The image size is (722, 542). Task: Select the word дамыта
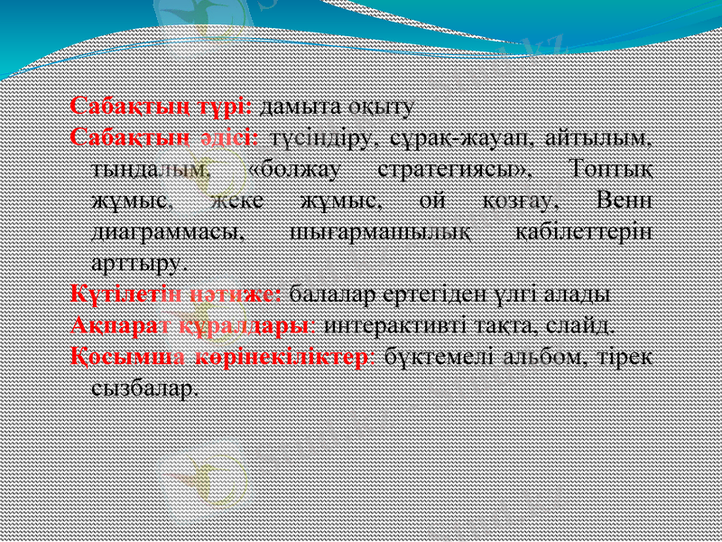pyautogui.click(x=293, y=107)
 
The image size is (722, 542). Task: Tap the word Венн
pyautogui.click(x=626, y=200)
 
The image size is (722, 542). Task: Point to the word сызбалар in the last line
pyautogui.click(x=142, y=388)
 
